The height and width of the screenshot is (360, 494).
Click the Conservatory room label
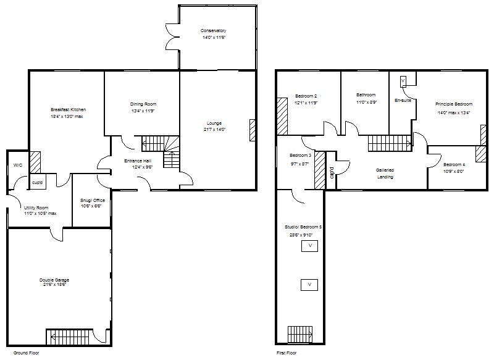coord(213,30)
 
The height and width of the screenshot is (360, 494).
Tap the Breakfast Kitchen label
coord(68,109)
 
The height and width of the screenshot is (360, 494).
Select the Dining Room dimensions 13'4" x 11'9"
coord(142,111)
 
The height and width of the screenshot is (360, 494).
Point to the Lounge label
coord(214,123)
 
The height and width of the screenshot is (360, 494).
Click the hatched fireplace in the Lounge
coord(253,130)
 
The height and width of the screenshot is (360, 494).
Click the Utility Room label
coord(36,208)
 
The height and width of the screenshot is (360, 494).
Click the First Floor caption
coord(287,353)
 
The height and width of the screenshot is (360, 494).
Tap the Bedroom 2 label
coord(306,96)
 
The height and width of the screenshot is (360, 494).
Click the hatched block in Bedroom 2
coord(282,115)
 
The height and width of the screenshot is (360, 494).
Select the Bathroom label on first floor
coord(366,94)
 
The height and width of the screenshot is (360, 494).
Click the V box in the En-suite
coord(403,80)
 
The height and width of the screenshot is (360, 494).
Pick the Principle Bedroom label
coord(454,104)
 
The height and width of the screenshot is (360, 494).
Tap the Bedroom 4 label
coord(454,164)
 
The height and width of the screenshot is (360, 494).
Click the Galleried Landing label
coord(385,173)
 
